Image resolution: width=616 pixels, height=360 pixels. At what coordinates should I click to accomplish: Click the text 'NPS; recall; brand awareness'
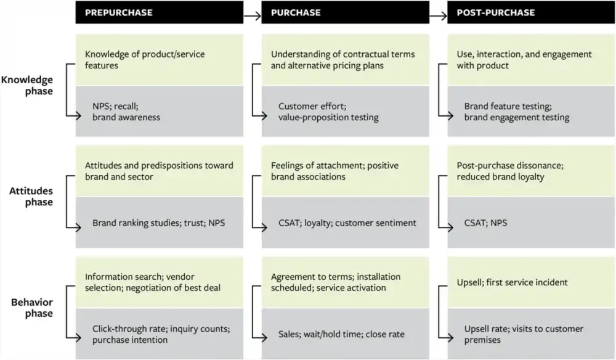126,112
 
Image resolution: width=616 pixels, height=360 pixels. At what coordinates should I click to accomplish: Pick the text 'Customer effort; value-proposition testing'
328,112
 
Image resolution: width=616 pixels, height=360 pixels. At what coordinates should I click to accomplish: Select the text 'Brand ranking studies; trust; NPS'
158,223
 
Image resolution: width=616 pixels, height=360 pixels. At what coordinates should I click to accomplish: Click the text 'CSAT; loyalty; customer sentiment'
347,223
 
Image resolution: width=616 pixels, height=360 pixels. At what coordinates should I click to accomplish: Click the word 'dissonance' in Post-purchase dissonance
540,166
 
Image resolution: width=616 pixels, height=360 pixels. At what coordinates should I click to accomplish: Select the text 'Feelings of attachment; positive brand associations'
335,171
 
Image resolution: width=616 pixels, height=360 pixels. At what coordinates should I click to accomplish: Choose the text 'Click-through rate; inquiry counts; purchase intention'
161,334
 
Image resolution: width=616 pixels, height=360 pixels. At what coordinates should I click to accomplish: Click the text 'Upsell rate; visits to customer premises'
523,334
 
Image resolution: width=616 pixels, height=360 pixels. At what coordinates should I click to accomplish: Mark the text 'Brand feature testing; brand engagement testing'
516,112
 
